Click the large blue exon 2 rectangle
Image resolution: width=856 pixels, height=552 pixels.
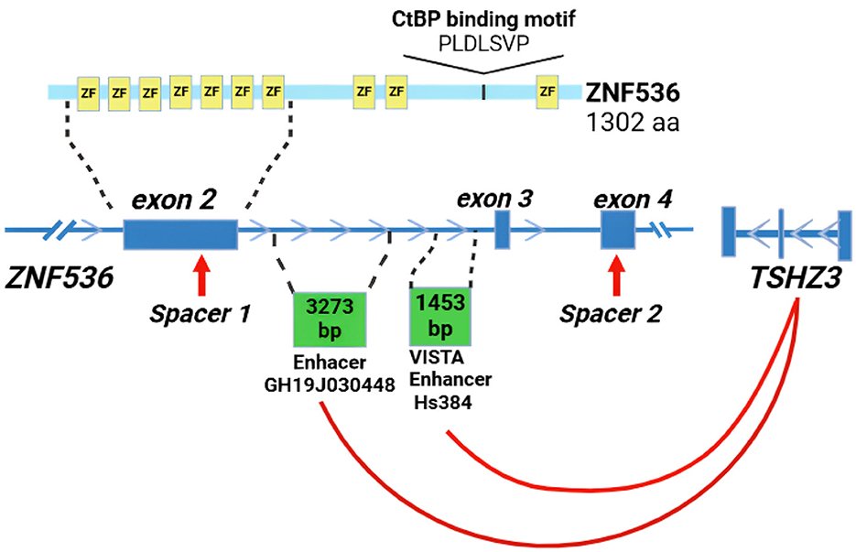coord(180,234)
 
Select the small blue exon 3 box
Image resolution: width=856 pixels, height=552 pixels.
coord(502,230)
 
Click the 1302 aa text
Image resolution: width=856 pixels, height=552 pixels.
coord(632,123)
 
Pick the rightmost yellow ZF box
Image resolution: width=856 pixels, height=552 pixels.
coord(547,92)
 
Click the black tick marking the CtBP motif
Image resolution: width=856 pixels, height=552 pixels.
coord(483,92)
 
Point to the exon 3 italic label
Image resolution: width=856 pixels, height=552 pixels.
coord(494,197)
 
